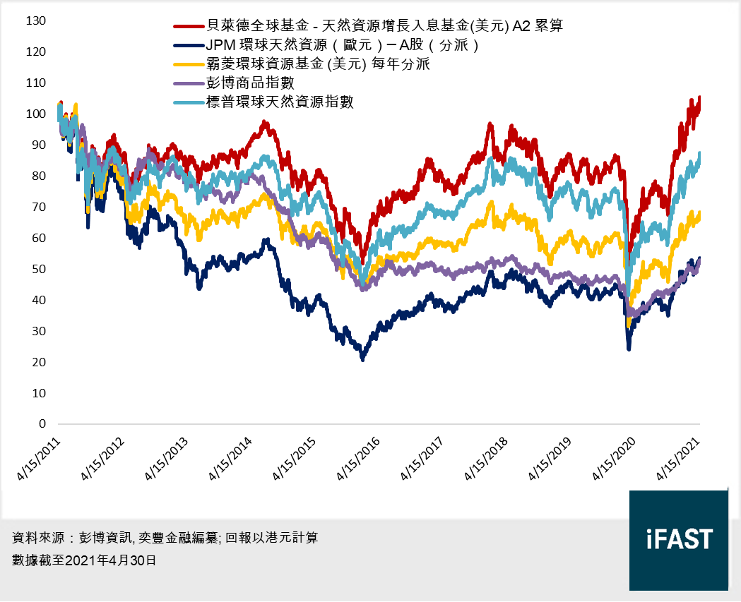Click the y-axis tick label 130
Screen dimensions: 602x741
[35, 21]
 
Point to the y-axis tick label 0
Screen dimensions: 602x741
[42, 424]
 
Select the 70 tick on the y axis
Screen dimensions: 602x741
[39, 207]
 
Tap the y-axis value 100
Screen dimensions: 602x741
[35, 114]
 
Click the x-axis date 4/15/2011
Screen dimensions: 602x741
[40, 459]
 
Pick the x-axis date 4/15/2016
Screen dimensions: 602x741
[360, 459]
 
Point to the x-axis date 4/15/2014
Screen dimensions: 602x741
[232, 459]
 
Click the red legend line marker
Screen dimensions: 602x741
[186, 27]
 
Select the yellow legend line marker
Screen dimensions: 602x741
[186, 65]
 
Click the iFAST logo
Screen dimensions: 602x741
[679, 540]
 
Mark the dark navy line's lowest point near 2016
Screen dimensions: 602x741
[363, 359]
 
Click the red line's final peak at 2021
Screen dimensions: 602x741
[699, 97]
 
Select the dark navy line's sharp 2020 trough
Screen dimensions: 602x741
[629, 349]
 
